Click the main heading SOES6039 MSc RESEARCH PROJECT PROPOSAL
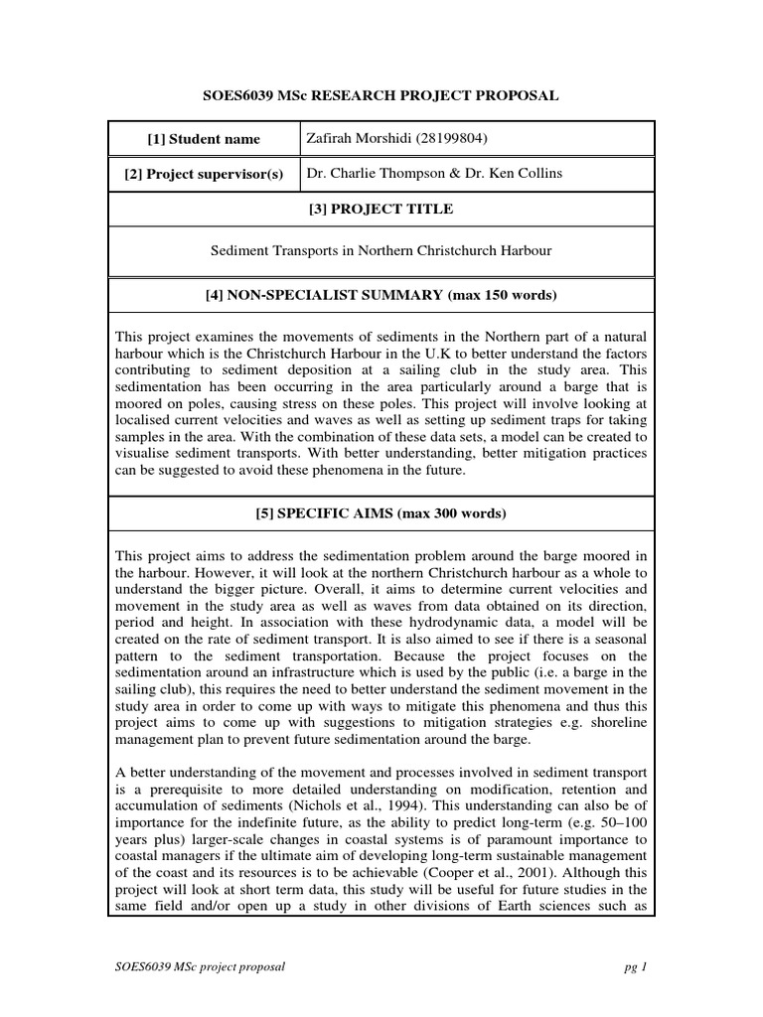(x=381, y=95)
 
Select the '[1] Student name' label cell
(x=204, y=139)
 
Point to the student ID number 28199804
(x=453, y=138)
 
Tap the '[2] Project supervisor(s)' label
(x=204, y=174)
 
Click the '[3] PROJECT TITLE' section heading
(x=381, y=209)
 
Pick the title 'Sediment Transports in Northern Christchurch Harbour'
(x=381, y=251)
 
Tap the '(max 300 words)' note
(x=448, y=513)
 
